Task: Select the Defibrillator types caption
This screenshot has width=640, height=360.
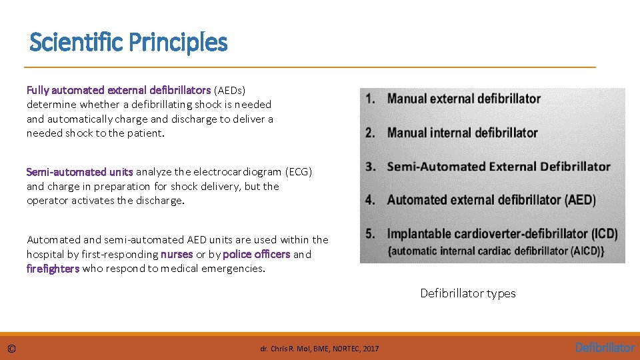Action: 467,293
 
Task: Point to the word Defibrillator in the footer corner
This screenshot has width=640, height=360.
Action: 605,347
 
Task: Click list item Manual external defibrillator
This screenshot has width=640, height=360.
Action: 463,99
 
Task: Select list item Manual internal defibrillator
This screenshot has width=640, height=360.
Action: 462,133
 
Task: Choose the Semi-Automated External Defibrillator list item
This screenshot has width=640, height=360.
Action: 499,167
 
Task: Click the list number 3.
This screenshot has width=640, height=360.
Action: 370,167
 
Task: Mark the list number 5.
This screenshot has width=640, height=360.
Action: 370,234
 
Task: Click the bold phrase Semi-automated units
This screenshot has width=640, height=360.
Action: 80,171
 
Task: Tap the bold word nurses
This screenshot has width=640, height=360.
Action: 177,254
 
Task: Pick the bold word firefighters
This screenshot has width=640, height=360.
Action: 53,269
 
